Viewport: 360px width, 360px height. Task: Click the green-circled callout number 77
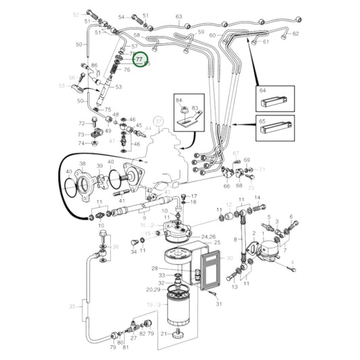tap(139, 60)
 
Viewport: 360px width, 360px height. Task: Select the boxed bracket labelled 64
tap(276, 101)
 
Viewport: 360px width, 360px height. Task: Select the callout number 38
tap(82, 164)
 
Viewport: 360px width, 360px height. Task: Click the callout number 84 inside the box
tap(179, 101)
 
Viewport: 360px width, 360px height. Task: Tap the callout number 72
tap(81, 123)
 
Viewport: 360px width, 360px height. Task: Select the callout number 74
tap(81, 143)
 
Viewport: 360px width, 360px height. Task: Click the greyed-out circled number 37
tap(159, 121)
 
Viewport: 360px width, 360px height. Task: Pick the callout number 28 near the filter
tap(154, 268)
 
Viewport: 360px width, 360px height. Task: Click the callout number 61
tap(265, 42)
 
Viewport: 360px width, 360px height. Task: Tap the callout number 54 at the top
tap(122, 16)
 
